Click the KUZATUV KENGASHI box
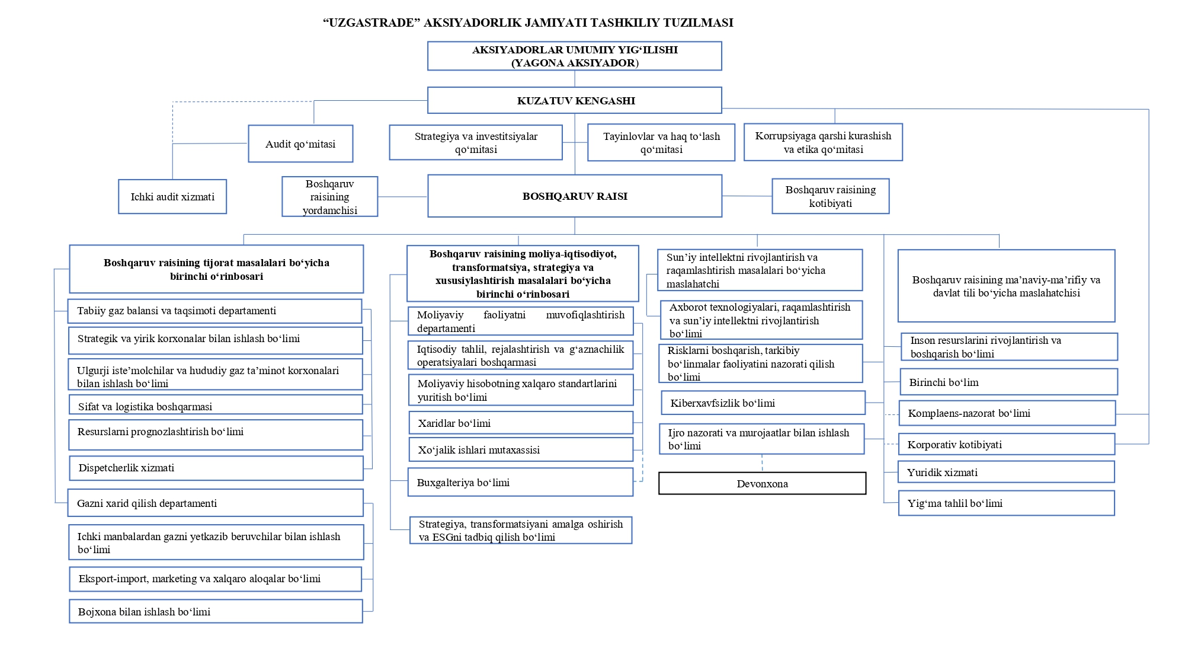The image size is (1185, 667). pyautogui.click(x=575, y=100)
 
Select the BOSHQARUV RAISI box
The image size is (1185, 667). pyautogui.click(x=575, y=196)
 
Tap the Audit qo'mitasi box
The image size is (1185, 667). pyautogui.click(x=300, y=143)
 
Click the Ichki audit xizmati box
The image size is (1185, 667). pyautogui.click(x=172, y=196)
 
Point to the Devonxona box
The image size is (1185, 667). pyautogui.click(x=762, y=483)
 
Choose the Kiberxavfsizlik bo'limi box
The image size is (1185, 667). pyautogui.click(x=763, y=403)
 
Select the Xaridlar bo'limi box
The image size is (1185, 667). pyautogui.click(x=521, y=423)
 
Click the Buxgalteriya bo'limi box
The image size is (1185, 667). pyautogui.click(x=521, y=482)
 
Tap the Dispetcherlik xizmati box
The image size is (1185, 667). pyautogui.click(x=216, y=468)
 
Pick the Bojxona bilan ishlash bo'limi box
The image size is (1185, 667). pyautogui.click(x=216, y=611)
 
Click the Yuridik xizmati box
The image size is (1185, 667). pyautogui.click(x=1006, y=472)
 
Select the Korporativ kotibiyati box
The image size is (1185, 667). pyautogui.click(x=1007, y=444)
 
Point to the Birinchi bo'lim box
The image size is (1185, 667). pyautogui.click(x=1009, y=382)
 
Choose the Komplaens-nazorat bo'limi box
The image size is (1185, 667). pyautogui.click(x=1007, y=413)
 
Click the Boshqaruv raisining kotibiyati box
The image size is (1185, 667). pyautogui.click(x=831, y=196)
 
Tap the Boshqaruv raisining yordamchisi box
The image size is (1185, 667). pyautogui.click(x=330, y=196)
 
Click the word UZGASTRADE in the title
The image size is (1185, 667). pyautogui.click(x=371, y=23)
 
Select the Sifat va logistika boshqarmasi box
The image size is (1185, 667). pyautogui.click(x=216, y=405)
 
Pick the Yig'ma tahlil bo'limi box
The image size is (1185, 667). pyautogui.click(x=1007, y=503)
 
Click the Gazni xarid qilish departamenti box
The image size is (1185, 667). pyautogui.click(x=216, y=503)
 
